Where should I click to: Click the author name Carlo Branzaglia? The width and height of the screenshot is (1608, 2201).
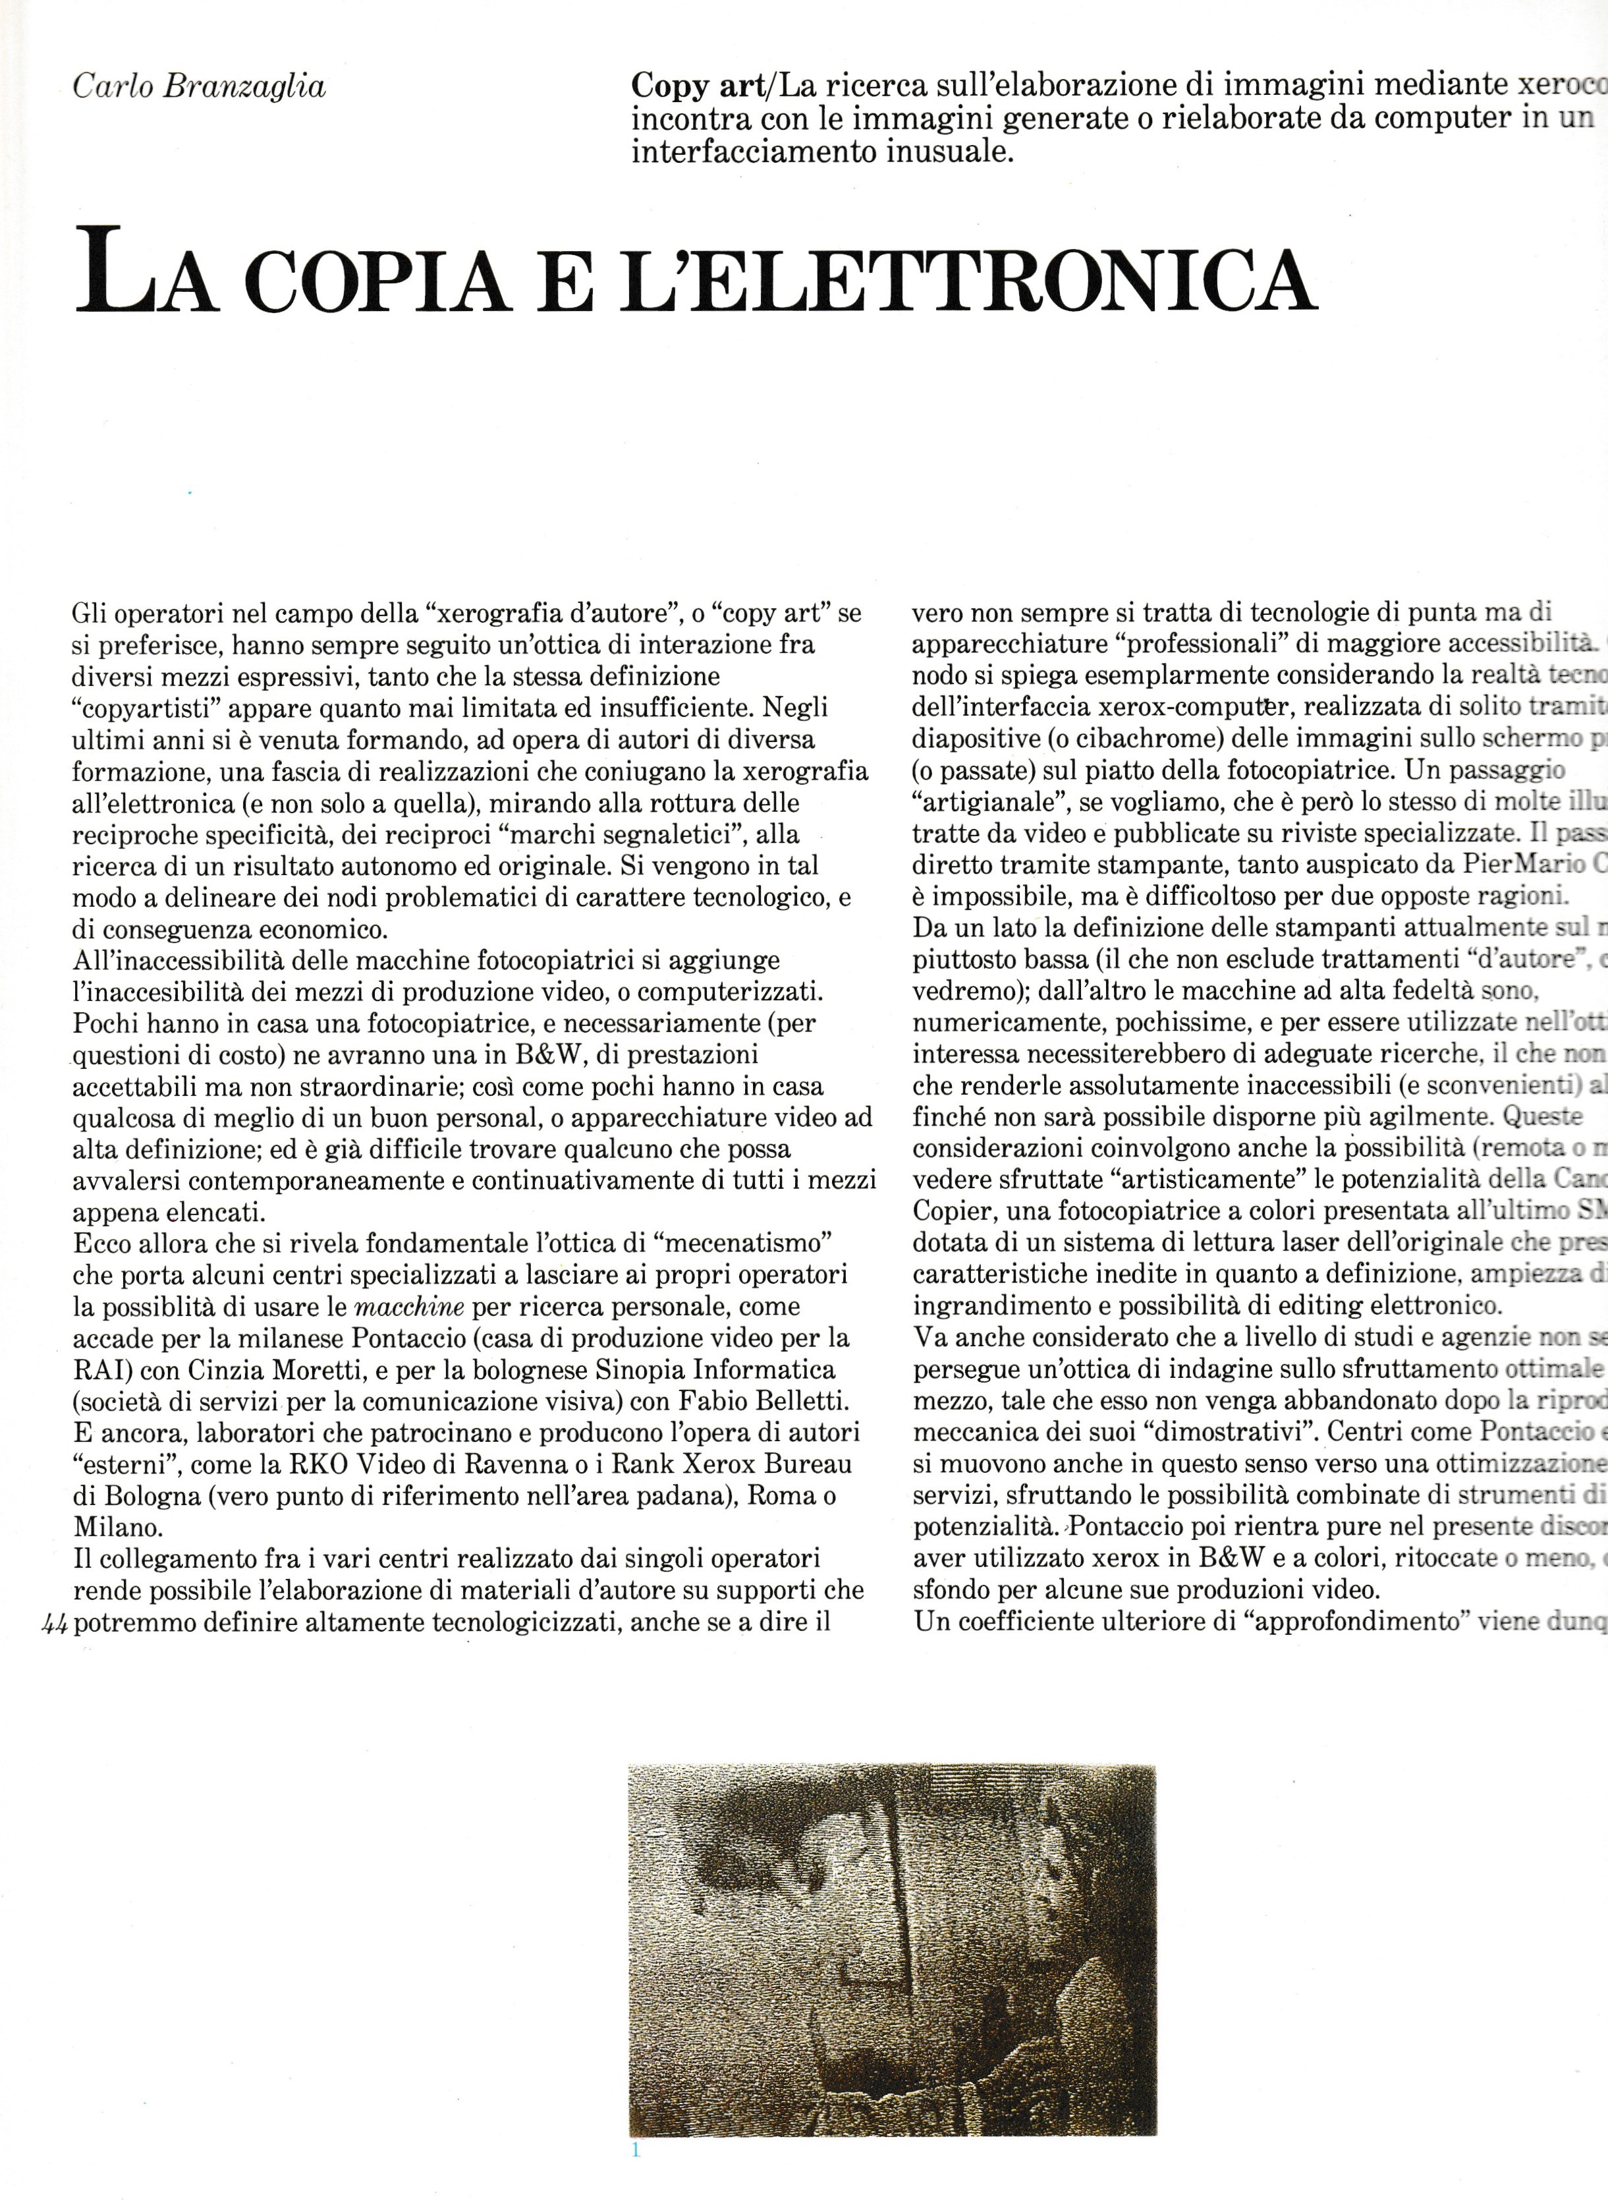pos(200,88)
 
